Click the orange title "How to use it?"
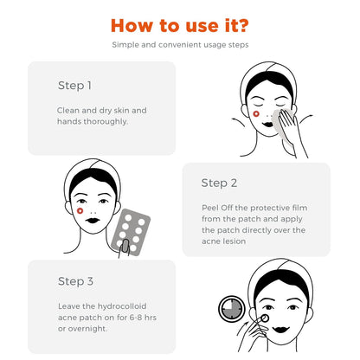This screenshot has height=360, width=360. (180, 22)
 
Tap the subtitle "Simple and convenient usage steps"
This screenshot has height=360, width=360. (180, 44)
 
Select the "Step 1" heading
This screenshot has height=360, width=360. (74, 86)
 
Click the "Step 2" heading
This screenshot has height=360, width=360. (219, 183)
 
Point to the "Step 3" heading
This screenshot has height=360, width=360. (75, 281)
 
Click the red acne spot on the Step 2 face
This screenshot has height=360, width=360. (80, 209)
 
